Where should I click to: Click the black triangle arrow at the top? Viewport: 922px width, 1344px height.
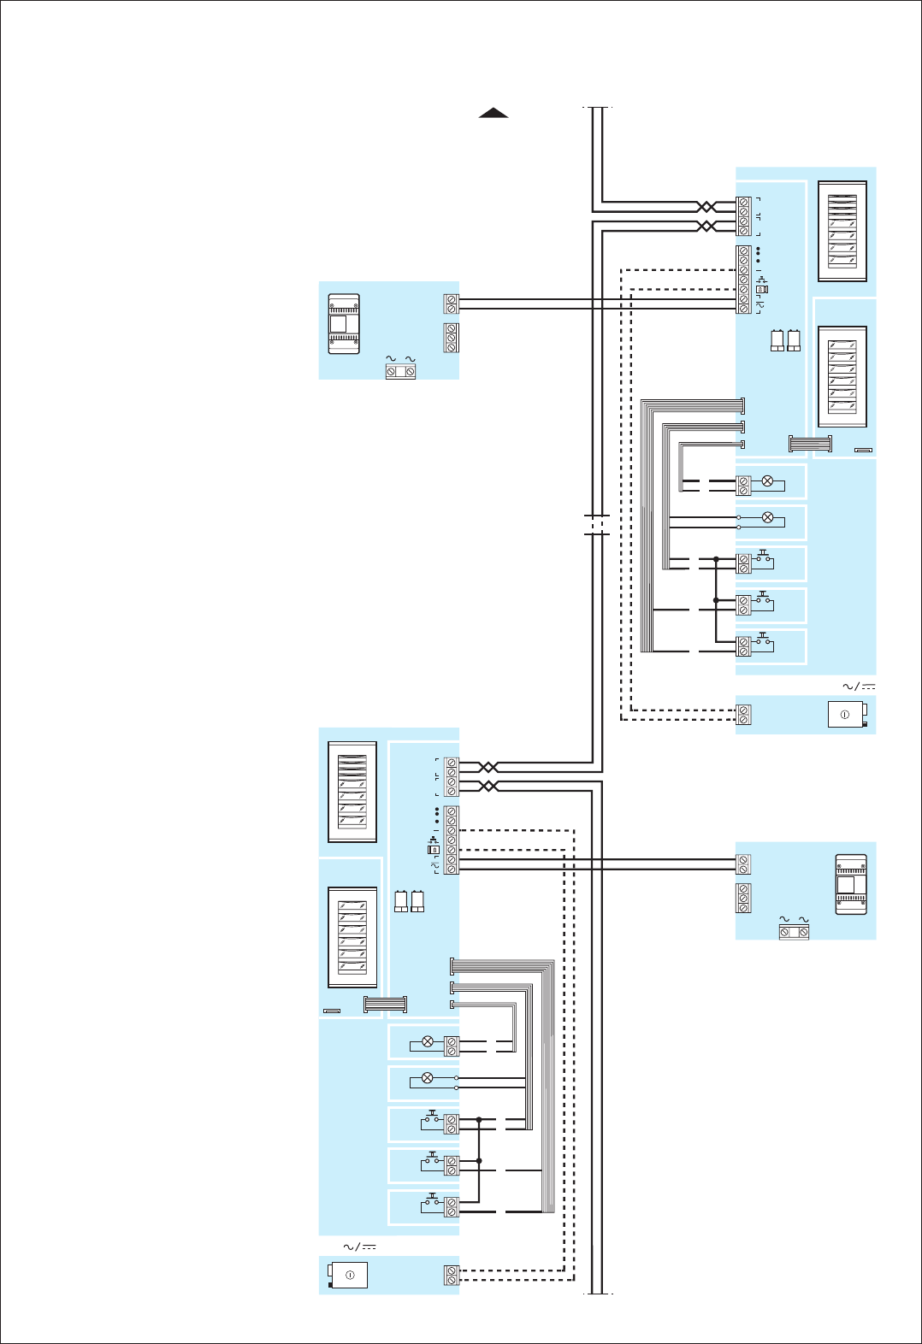(494, 113)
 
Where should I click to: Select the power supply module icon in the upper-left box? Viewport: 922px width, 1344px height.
(344, 324)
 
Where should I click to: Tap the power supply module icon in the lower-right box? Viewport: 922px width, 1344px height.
(850, 884)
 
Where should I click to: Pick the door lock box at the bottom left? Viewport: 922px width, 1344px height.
(349, 1275)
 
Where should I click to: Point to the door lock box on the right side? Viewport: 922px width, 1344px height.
(846, 715)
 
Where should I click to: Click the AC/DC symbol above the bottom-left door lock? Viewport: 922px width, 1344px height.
(359, 1247)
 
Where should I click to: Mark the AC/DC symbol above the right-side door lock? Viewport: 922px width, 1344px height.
(859, 687)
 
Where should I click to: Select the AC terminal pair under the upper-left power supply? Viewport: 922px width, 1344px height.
(400, 372)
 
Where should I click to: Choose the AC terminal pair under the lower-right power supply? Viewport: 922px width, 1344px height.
(794, 933)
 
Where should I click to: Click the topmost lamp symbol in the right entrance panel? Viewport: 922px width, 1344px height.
(767, 481)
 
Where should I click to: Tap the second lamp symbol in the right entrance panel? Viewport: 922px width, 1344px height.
(767, 518)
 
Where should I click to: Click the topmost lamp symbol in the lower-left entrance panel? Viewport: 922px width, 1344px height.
(428, 1042)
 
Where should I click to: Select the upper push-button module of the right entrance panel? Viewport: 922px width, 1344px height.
(842, 231)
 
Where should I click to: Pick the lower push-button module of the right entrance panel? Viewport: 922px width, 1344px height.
(842, 376)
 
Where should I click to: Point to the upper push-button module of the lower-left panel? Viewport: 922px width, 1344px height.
(352, 792)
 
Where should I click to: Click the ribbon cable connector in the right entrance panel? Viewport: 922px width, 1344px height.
(810, 445)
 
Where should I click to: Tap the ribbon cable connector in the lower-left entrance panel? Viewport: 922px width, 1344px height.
(386, 1005)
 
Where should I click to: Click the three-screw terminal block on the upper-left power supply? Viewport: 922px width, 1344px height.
(452, 338)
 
